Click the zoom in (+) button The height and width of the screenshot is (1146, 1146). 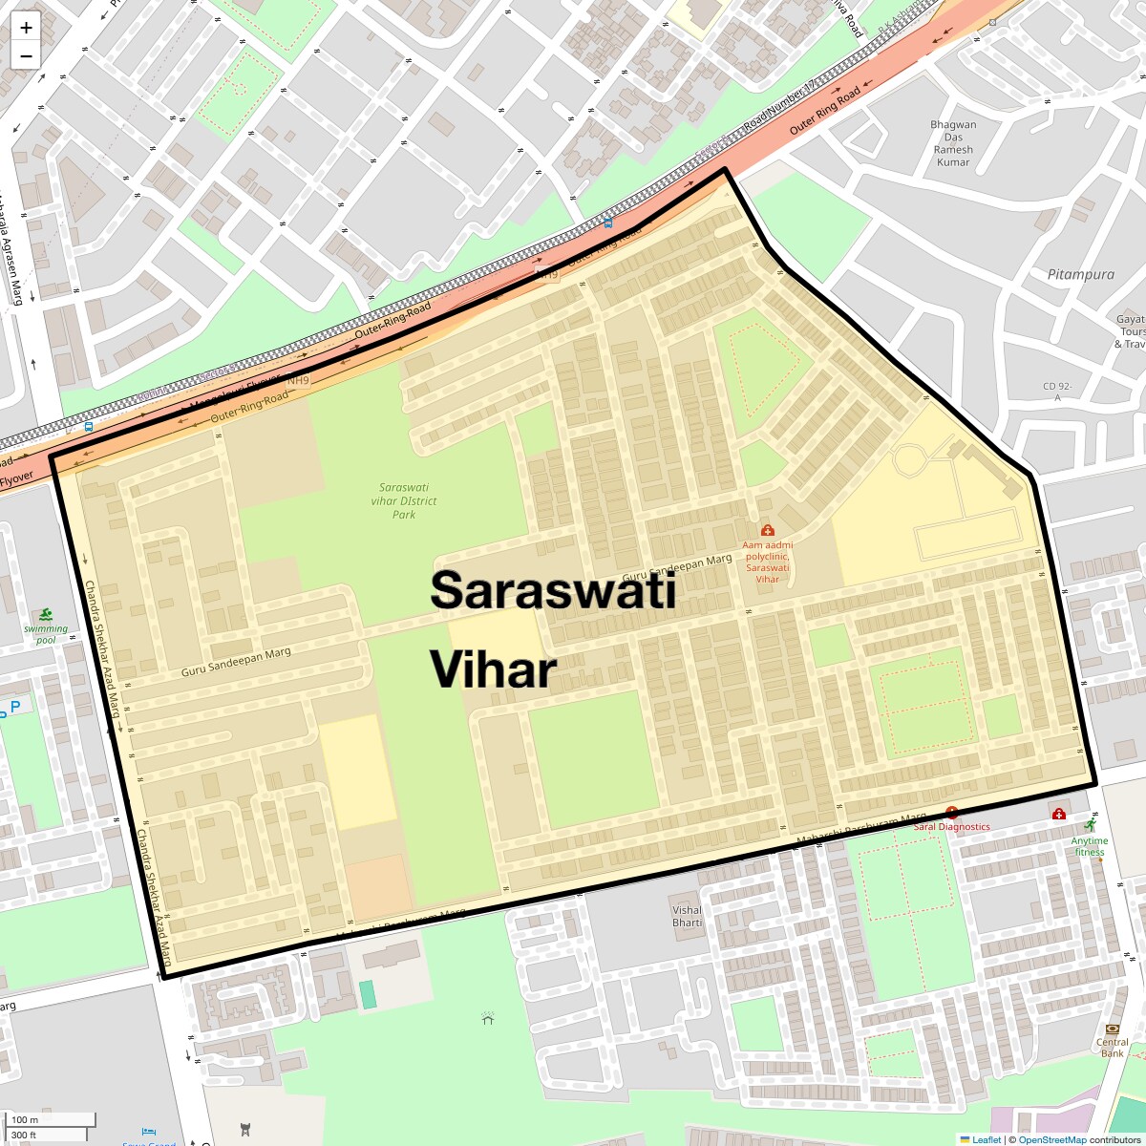26,28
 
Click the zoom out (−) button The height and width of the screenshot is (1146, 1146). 26,55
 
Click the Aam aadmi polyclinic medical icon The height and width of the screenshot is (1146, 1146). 767,530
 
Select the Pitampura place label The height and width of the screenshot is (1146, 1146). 1080,274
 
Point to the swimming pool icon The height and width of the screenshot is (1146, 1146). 46,614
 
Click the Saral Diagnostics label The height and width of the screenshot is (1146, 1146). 951,826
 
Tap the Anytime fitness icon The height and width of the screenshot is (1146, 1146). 1090,825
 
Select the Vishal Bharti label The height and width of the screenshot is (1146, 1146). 687,916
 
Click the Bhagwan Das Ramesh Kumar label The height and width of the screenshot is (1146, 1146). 953,143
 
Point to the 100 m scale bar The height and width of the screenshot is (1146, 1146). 52,1120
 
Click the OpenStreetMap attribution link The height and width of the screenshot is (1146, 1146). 1051,1139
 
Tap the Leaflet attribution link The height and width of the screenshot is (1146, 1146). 986,1139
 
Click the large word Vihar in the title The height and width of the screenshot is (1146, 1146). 493,669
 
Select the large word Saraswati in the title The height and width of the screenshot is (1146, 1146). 553,589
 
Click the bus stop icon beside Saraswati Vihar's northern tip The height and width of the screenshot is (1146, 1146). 608,223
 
